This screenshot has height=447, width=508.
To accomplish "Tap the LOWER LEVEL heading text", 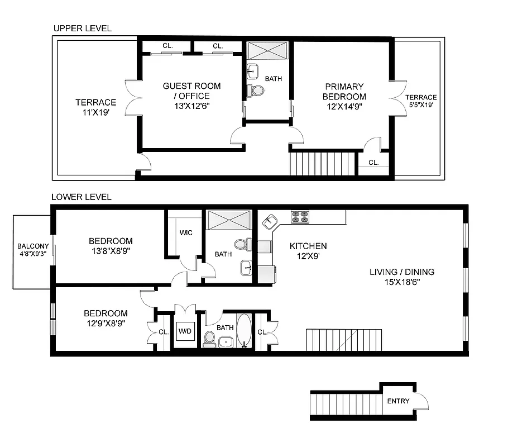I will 82,197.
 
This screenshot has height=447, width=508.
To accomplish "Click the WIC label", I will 186,232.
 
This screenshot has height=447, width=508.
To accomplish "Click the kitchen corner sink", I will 270,221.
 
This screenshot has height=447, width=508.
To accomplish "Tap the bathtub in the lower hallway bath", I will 245,331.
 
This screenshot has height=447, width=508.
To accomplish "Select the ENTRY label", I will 398,401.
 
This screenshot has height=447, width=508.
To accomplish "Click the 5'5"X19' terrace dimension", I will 421,104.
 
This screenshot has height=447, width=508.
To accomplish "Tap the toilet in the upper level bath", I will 256,90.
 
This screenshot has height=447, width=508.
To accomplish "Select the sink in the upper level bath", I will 252,71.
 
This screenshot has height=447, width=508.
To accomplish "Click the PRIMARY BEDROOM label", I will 344,92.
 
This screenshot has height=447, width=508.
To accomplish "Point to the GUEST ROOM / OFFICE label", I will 191,91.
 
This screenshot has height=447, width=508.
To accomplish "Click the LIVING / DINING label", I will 402,272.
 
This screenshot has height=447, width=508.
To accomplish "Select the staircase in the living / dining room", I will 344,340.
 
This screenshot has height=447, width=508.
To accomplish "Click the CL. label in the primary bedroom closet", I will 373,163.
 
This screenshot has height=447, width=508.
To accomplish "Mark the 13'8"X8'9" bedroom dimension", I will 111,251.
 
